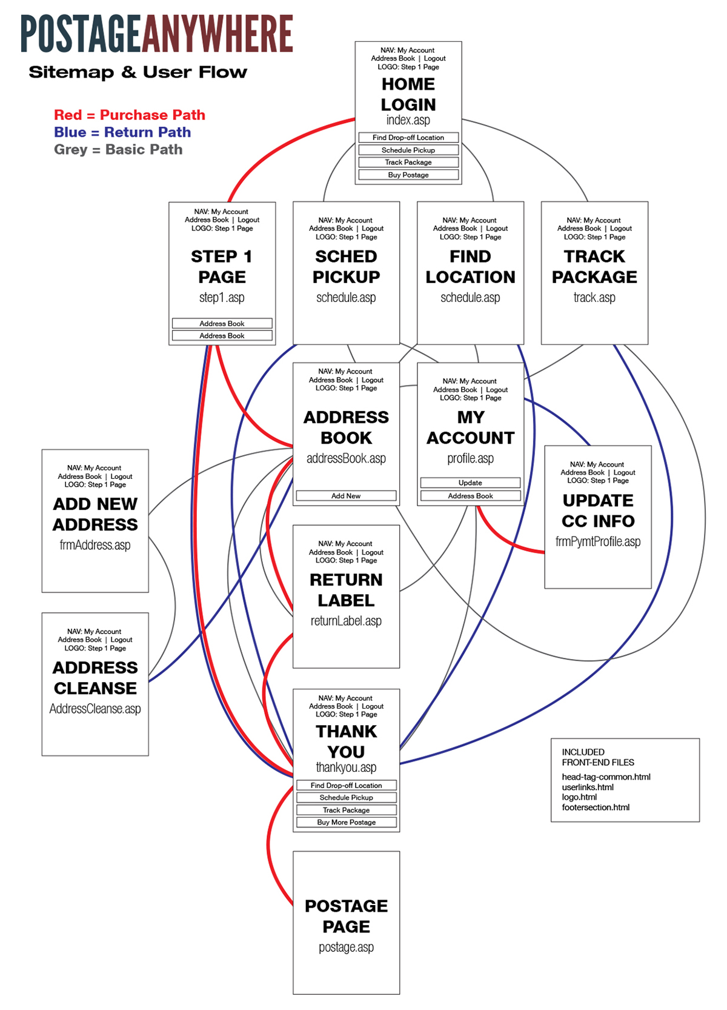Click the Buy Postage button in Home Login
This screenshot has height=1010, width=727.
point(408,175)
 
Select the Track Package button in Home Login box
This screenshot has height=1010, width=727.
point(408,162)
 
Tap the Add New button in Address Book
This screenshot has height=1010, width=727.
point(346,496)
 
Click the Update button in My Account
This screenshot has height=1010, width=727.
point(470,483)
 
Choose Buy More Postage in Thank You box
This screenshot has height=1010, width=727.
point(346,823)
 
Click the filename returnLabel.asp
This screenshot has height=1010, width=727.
point(346,621)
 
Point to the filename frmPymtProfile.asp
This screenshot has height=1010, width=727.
point(597,541)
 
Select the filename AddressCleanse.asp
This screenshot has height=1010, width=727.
point(95,709)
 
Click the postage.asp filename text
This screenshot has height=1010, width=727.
point(346,947)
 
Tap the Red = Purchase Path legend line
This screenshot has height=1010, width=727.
point(129,115)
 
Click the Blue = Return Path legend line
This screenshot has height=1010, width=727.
point(122,132)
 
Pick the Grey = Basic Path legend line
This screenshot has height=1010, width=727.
point(118,150)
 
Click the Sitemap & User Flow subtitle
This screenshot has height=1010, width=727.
point(138,73)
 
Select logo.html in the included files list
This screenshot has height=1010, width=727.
point(579,797)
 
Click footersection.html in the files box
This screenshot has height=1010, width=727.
point(596,808)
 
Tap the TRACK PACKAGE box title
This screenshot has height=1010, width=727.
point(594,267)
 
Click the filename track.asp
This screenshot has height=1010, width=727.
point(594,298)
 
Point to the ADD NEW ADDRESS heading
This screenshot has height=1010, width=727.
point(95,514)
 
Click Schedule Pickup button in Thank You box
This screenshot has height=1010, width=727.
point(346,798)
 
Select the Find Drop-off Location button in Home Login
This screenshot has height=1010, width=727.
point(408,138)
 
